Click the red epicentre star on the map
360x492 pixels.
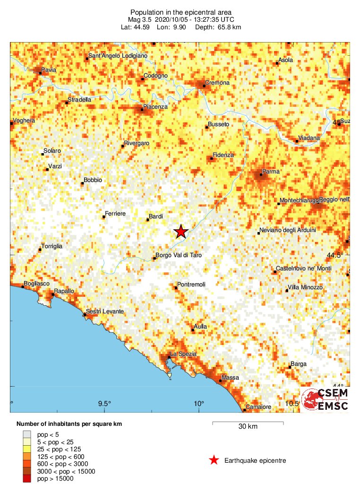point(181,232)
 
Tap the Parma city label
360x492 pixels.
point(271,171)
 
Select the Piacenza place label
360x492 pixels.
point(155,107)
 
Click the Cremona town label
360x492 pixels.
point(217,83)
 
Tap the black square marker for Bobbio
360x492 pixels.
point(82,183)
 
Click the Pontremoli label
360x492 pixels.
point(191,285)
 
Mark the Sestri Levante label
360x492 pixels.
point(105,311)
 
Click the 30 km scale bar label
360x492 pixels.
point(248,427)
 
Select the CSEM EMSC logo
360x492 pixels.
point(326,400)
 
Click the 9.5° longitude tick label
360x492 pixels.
point(104,404)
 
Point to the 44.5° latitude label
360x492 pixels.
point(337,255)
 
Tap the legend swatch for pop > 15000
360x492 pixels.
point(27,479)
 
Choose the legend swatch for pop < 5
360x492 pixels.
point(27,434)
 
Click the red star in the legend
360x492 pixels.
point(214,460)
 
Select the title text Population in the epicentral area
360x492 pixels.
point(181,12)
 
